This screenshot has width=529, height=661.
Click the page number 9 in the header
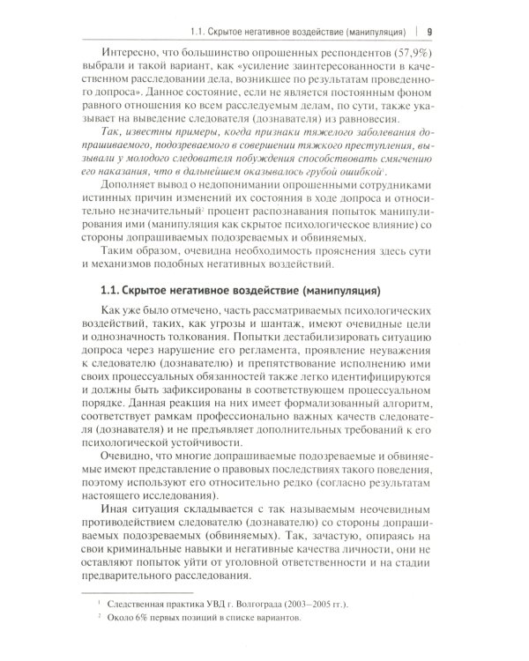(x=428, y=11)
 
